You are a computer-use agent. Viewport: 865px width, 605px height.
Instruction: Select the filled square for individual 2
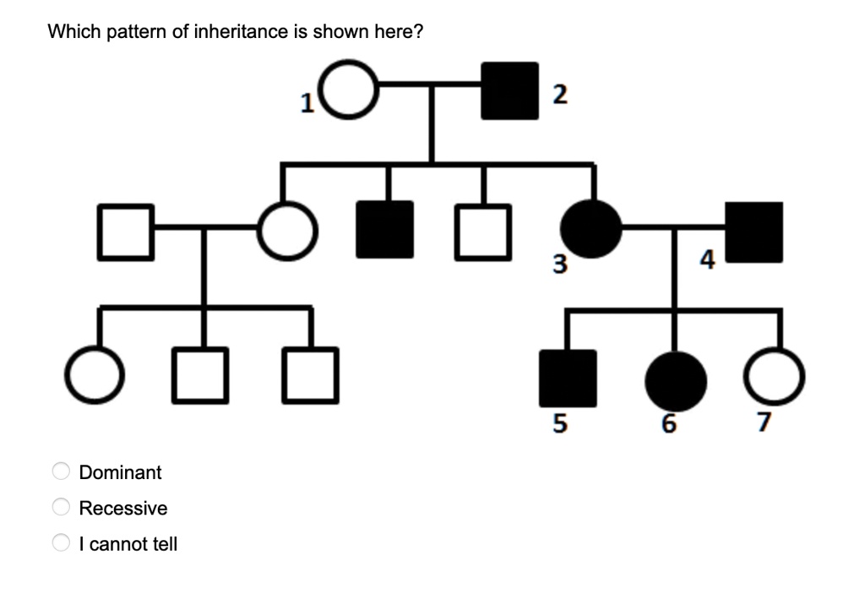[509, 90]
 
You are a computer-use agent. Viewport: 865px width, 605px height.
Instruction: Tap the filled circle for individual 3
[593, 229]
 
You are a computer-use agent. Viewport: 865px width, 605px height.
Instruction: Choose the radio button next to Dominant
[62, 471]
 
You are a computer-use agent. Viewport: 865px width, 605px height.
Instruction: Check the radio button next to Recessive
[62, 508]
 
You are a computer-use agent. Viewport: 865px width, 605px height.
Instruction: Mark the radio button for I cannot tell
[62, 543]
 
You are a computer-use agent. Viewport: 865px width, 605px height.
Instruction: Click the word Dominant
[120, 472]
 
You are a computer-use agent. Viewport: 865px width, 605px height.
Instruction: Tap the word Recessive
[123, 509]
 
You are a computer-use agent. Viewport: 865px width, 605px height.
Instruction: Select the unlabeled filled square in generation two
[385, 229]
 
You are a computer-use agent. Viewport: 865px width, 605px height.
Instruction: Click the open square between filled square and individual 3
[484, 230]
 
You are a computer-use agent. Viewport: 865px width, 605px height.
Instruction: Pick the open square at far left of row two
[126, 230]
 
